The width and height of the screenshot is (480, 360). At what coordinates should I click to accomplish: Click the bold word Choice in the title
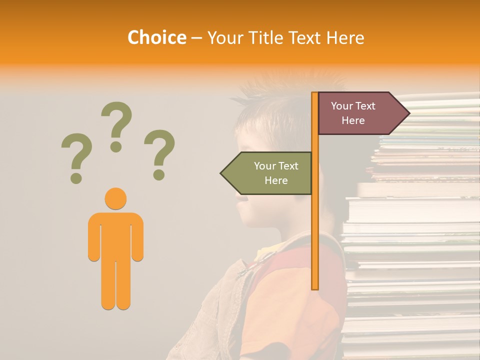(x=156, y=37)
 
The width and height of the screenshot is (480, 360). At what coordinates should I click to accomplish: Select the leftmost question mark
(x=76, y=157)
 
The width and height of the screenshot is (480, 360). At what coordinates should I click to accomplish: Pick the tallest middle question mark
(x=116, y=125)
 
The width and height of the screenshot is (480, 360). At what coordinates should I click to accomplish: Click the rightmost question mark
(x=159, y=154)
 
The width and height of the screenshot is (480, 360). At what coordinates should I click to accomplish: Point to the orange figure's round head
(x=115, y=198)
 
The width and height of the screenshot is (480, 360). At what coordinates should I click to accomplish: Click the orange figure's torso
(x=115, y=237)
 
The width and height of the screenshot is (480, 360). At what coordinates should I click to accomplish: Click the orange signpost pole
(x=315, y=225)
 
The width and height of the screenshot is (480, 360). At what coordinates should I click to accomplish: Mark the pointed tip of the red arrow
(x=408, y=113)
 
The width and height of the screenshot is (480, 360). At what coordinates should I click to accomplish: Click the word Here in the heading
(x=345, y=37)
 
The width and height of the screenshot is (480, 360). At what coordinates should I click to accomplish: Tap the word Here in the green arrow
(x=276, y=180)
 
